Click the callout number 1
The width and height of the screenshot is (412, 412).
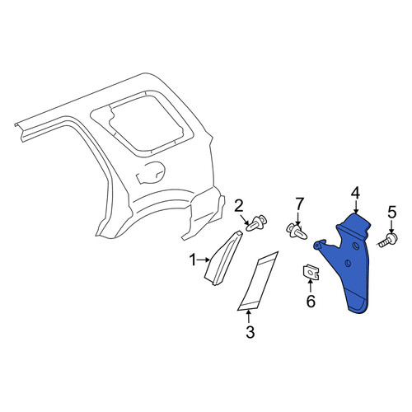(193, 260)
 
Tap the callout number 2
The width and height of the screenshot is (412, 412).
(239, 206)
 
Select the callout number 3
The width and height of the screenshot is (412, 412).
(250, 332)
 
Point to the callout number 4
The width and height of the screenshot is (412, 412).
(355, 193)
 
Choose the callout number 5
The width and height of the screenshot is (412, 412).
(391, 213)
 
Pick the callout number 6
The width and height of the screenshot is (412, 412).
(311, 302)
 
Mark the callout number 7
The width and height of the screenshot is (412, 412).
(299, 204)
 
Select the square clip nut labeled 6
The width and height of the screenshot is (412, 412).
(311, 272)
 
